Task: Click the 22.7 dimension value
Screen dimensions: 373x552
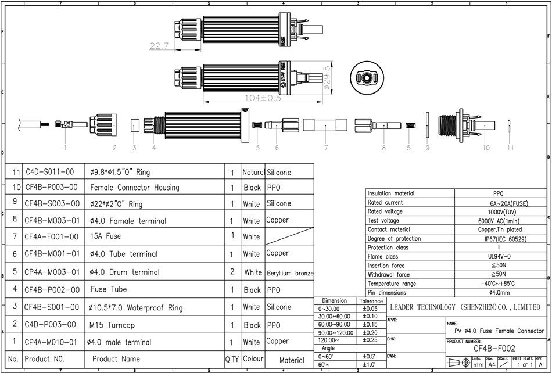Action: pyautogui.click(x=158, y=45)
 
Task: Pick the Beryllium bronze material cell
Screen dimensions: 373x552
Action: pyautogui.click(x=290, y=272)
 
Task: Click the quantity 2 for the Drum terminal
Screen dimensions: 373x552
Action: pyautogui.click(x=232, y=272)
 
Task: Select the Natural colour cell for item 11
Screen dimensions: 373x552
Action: pyautogui.click(x=253, y=173)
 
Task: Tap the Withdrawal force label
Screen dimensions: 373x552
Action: pyautogui.click(x=389, y=274)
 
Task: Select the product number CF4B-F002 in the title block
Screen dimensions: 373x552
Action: pyautogui.click(x=494, y=349)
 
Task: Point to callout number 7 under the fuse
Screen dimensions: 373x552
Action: pyautogui.click(x=326, y=148)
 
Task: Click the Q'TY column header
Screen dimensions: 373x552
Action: pyautogui.click(x=232, y=360)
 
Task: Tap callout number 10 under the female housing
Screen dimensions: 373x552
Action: pyautogui.click(x=471, y=148)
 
